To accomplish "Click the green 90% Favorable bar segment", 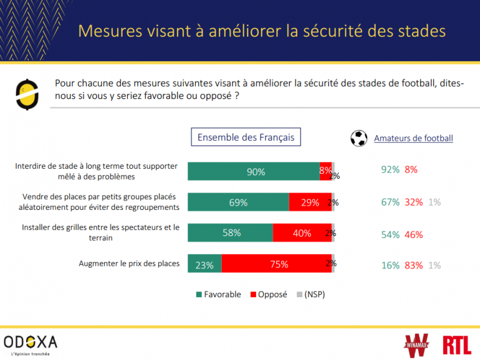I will [254, 172].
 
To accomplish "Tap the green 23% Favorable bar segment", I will [204, 264].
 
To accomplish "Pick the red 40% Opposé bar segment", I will [302, 234].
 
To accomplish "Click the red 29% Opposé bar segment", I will [310, 202].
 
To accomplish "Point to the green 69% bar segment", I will [238, 202].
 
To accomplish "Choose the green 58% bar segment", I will [230, 234].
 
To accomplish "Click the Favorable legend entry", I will [218, 295].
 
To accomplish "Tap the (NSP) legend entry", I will [310, 295].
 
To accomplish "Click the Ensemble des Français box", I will [246, 137].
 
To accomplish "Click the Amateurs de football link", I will [413, 138].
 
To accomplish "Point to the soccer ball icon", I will [358, 138].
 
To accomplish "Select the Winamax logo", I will [418, 344].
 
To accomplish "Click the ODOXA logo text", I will [31, 341].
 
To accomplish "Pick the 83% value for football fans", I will [414, 265].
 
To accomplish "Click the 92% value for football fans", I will [390, 169].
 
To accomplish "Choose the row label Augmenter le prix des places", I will [129, 263].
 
